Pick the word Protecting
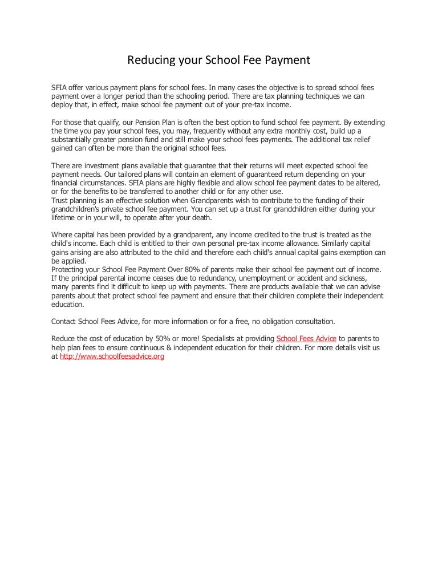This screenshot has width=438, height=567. tap(70, 269)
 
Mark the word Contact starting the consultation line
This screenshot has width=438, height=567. tap(64, 320)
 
